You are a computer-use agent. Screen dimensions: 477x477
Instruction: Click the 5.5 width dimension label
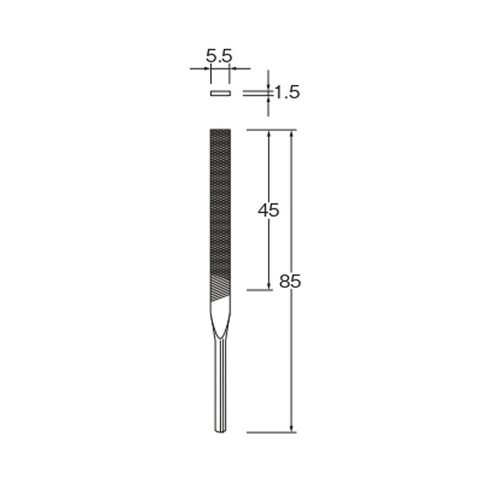click(x=219, y=56)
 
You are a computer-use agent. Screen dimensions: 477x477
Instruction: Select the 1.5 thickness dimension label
click(x=287, y=92)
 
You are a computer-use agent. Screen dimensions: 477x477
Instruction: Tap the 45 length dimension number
click(x=269, y=210)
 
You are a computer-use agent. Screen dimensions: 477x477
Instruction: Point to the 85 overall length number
click(x=290, y=281)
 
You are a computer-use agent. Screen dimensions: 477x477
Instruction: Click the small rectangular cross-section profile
click(x=220, y=93)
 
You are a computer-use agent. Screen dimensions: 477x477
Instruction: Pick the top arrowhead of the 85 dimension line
click(x=292, y=134)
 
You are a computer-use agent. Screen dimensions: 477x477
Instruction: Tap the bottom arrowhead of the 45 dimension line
click(x=269, y=285)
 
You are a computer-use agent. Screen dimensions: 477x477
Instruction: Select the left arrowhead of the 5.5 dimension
click(x=207, y=68)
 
